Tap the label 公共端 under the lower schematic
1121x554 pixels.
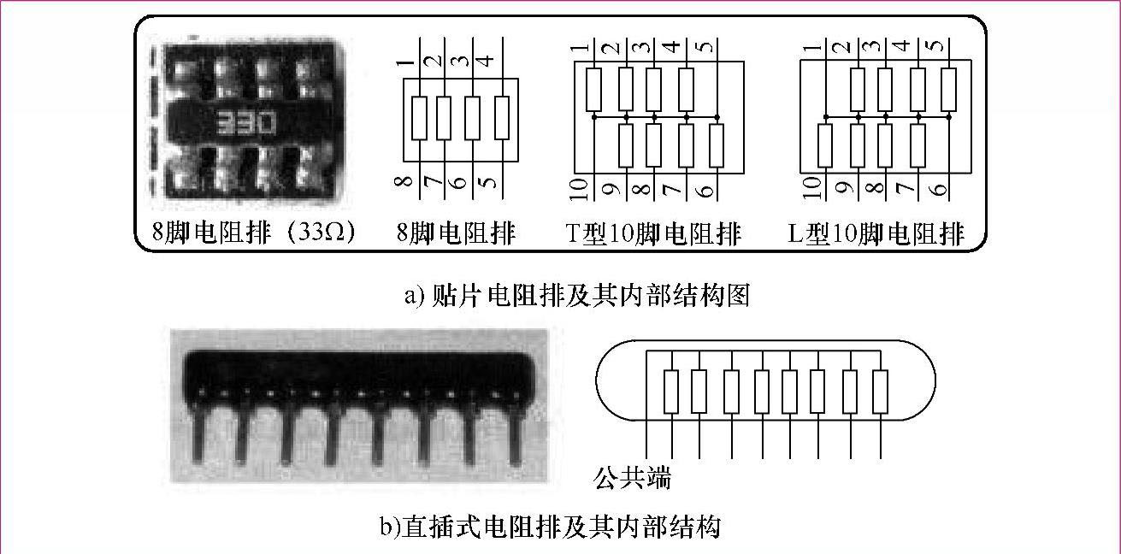[632, 477]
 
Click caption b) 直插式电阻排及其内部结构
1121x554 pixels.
[550, 526]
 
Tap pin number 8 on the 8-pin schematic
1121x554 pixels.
[405, 181]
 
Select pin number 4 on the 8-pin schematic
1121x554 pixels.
[484, 61]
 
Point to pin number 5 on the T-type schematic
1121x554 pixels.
[702, 46]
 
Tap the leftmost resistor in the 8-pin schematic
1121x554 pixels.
[419, 118]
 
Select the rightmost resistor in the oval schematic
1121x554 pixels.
[880, 392]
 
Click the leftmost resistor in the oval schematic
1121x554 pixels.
[670, 392]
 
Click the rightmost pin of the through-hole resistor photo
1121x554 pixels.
[516, 436]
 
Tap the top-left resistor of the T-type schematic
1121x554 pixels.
[594, 90]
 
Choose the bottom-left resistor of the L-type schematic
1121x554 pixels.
[824, 145]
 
